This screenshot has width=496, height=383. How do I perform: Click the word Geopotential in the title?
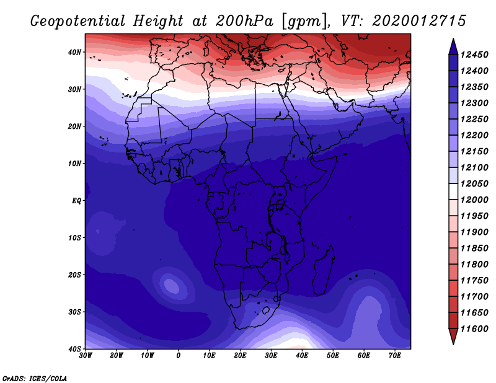tap(78, 21)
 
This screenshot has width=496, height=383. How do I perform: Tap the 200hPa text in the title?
tap(244, 20)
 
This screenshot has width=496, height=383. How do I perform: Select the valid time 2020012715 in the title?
tap(419, 21)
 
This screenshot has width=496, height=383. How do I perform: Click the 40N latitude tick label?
tap(74, 52)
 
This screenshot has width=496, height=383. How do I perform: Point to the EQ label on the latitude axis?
tap(76, 201)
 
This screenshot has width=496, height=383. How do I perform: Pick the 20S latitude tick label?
tap(74, 275)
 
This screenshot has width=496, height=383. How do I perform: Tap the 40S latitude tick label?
tap(74, 349)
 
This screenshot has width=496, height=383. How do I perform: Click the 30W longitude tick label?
tap(86, 356)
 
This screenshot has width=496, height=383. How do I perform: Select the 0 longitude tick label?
tap(179, 356)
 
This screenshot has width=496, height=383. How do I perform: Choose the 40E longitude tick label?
tap(302, 356)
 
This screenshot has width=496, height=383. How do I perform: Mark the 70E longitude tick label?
tap(395, 356)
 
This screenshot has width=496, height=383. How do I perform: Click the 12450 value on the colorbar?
tap(474, 55)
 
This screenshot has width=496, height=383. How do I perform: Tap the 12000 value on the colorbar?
tap(474, 200)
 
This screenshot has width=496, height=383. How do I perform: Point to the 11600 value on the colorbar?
tap(474, 329)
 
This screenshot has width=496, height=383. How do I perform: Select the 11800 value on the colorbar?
tap(474, 265)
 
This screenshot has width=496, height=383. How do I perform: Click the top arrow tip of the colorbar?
tap(453, 39)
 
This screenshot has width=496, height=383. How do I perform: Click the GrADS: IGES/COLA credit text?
tap(35, 379)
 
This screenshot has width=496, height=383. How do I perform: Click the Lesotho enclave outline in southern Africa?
tap(266, 310)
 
